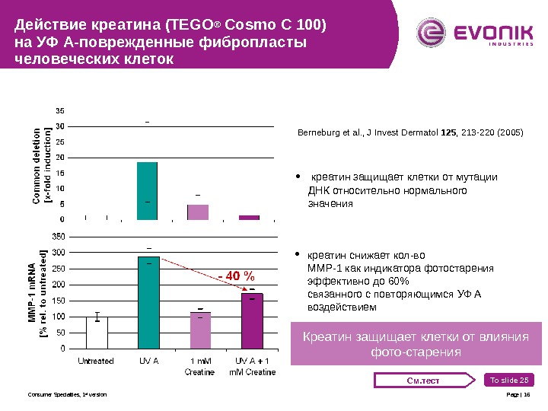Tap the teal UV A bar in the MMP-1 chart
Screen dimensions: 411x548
[148, 303]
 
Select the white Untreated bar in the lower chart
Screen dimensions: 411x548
[97, 333]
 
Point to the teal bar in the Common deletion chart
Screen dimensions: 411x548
[147, 190]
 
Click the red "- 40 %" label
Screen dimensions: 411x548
[236, 275]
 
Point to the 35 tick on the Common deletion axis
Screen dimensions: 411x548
[59, 110]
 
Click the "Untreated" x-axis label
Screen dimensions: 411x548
[97, 362]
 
